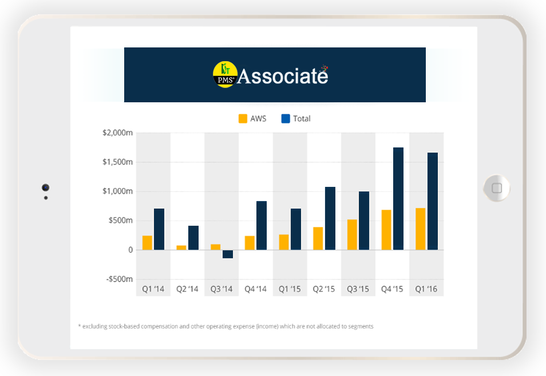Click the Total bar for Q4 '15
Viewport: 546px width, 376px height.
(x=398, y=198)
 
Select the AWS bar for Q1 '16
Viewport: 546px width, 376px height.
(x=421, y=229)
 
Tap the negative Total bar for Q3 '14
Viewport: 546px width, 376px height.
(x=228, y=254)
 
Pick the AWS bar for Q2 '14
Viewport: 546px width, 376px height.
(x=181, y=247)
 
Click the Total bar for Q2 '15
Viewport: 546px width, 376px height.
(x=330, y=218)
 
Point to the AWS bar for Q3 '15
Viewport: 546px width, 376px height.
(x=352, y=234)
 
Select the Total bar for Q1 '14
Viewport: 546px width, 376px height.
(x=159, y=229)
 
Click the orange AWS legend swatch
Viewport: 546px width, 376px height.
(x=243, y=119)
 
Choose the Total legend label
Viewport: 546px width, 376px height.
(x=302, y=119)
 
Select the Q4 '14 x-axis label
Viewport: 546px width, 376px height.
(x=256, y=289)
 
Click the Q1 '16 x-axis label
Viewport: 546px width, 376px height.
(x=426, y=289)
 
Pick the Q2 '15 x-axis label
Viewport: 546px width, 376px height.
(x=324, y=289)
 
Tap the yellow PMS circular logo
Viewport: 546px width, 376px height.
(x=224, y=75)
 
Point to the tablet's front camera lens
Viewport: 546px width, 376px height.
(x=45, y=187)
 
